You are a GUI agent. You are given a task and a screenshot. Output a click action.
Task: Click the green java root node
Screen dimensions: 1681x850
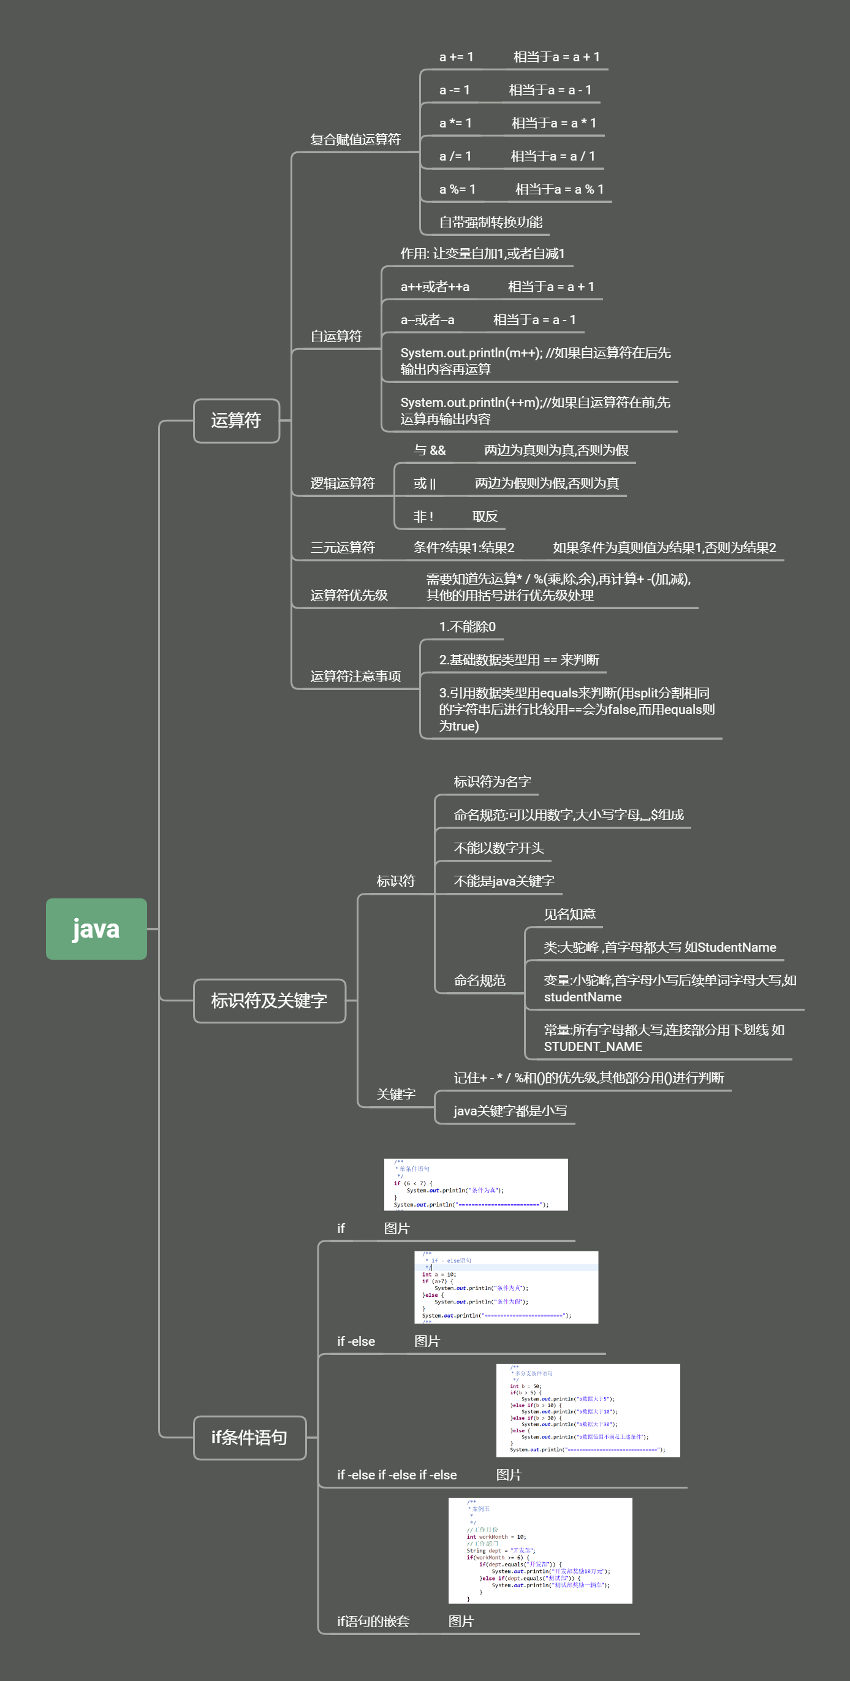[x=96, y=928]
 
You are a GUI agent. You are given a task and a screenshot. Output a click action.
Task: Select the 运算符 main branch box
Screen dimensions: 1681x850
[x=236, y=420]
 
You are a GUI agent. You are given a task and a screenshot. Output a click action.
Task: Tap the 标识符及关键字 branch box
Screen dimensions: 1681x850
[x=269, y=1000]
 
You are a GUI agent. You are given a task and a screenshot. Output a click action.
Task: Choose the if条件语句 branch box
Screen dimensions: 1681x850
[x=249, y=1437]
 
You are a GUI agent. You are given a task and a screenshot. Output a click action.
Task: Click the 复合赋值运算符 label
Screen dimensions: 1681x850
[x=355, y=140]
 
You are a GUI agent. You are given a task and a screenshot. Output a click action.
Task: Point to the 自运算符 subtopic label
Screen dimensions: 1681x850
[x=336, y=336]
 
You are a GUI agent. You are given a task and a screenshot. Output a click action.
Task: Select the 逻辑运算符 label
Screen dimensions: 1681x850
[x=343, y=483]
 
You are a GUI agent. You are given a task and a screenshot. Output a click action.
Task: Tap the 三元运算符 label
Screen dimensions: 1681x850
[x=343, y=547]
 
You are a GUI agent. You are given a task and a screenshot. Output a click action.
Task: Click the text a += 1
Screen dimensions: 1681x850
[x=456, y=58]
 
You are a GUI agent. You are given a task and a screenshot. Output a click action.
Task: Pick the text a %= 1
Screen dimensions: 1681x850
[x=457, y=189]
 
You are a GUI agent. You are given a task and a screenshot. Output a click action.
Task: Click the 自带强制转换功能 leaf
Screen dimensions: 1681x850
[x=490, y=222]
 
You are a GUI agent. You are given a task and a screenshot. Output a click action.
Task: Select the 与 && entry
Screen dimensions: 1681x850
[x=429, y=450]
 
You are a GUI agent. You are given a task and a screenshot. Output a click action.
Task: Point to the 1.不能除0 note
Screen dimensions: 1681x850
[x=467, y=627]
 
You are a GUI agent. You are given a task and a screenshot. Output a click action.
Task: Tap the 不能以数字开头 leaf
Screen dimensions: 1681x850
[x=498, y=848]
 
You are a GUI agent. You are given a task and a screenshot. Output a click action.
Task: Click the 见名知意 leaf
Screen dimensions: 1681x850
[x=569, y=914]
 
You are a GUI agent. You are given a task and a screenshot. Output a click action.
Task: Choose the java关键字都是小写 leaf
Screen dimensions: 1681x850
[x=510, y=1110]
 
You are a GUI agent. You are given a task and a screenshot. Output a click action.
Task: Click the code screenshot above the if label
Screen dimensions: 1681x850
[x=476, y=1185]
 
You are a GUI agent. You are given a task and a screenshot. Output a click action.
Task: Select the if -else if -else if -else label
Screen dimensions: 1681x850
[x=397, y=1475]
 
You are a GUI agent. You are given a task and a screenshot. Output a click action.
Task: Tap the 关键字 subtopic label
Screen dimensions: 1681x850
[x=395, y=1095]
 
